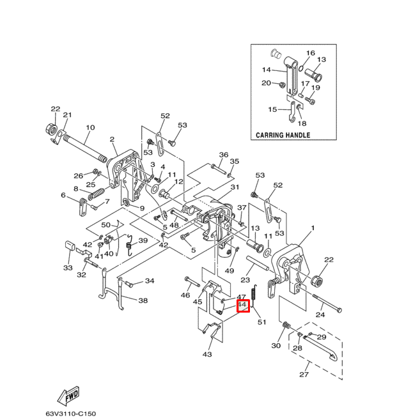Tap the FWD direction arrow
coord(69,397)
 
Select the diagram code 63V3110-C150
coord(70,414)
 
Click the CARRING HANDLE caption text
coord(283,136)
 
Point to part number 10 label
coord(89,128)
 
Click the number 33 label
coord(68,268)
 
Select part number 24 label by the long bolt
coord(320,315)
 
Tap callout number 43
coord(207,354)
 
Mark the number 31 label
coord(235,187)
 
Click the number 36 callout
coord(223,155)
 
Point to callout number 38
coord(143,300)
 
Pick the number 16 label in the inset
coord(310,53)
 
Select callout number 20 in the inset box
coord(266,83)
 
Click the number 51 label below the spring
coord(261,322)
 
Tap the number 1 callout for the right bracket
coord(313,228)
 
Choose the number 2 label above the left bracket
coord(112,139)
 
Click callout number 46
coord(185,295)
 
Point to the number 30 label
coord(276,346)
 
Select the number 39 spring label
coord(143,241)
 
